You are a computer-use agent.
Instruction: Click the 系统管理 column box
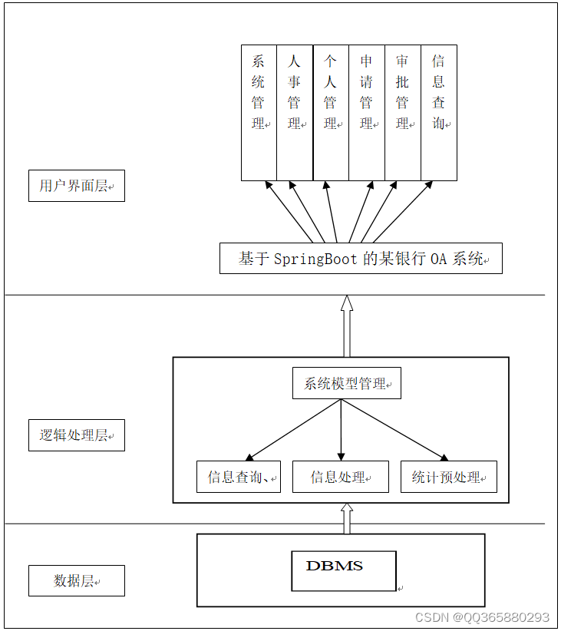point(259,113)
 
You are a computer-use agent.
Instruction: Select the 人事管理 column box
point(295,113)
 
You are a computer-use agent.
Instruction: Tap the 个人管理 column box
point(331,113)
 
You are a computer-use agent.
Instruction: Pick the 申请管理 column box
point(367,113)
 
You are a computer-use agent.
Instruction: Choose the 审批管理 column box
point(402,113)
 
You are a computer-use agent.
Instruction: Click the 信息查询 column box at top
point(438,113)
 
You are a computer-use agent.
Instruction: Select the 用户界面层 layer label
point(76,186)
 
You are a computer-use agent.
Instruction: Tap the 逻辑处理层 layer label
point(76,435)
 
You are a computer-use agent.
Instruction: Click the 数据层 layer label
point(76,580)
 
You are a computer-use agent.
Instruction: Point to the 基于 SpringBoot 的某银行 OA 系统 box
point(361,259)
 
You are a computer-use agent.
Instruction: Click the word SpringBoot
point(315,259)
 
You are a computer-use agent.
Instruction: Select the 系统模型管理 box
point(346,383)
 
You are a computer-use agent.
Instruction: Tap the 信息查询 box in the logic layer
point(238,477)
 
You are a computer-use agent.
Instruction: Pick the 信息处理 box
point(340,477)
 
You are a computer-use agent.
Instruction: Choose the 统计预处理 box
point(448,477)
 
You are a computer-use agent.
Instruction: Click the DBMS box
point(343,570)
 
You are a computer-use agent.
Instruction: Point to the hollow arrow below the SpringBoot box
point(346,326)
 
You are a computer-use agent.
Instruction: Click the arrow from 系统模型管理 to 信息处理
point(341,430)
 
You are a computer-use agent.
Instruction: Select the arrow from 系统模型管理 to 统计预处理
point(395,430)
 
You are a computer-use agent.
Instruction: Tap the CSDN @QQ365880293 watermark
point(482,617)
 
